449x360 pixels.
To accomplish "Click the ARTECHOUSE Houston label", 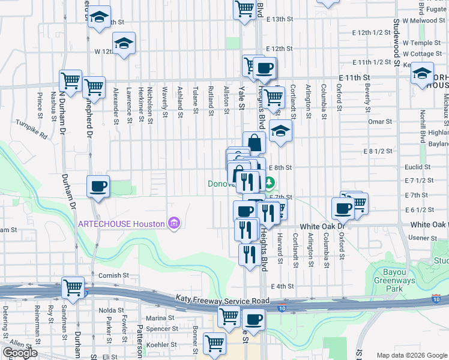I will (x=121, y=224).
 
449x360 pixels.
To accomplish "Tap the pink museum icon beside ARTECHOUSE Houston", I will (x=174, y=224).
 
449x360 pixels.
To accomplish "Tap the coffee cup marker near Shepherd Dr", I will (x=98, y=186).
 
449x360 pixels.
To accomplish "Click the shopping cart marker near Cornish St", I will (x=73, y=288).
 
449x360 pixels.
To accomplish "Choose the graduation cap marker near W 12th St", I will (x=124, y=43).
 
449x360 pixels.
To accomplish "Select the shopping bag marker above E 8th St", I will (x=255, y=143).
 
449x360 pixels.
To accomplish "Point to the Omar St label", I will (x=379, y=121).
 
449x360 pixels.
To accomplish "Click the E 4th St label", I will (x=282, y=286).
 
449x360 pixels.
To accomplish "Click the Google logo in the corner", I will (x=19, y=353).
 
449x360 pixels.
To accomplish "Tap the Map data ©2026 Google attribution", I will (x=411, y=355).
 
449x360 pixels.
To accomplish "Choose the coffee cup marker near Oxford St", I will (x=342, y=208).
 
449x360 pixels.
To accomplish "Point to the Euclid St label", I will (x=418, y=167).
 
